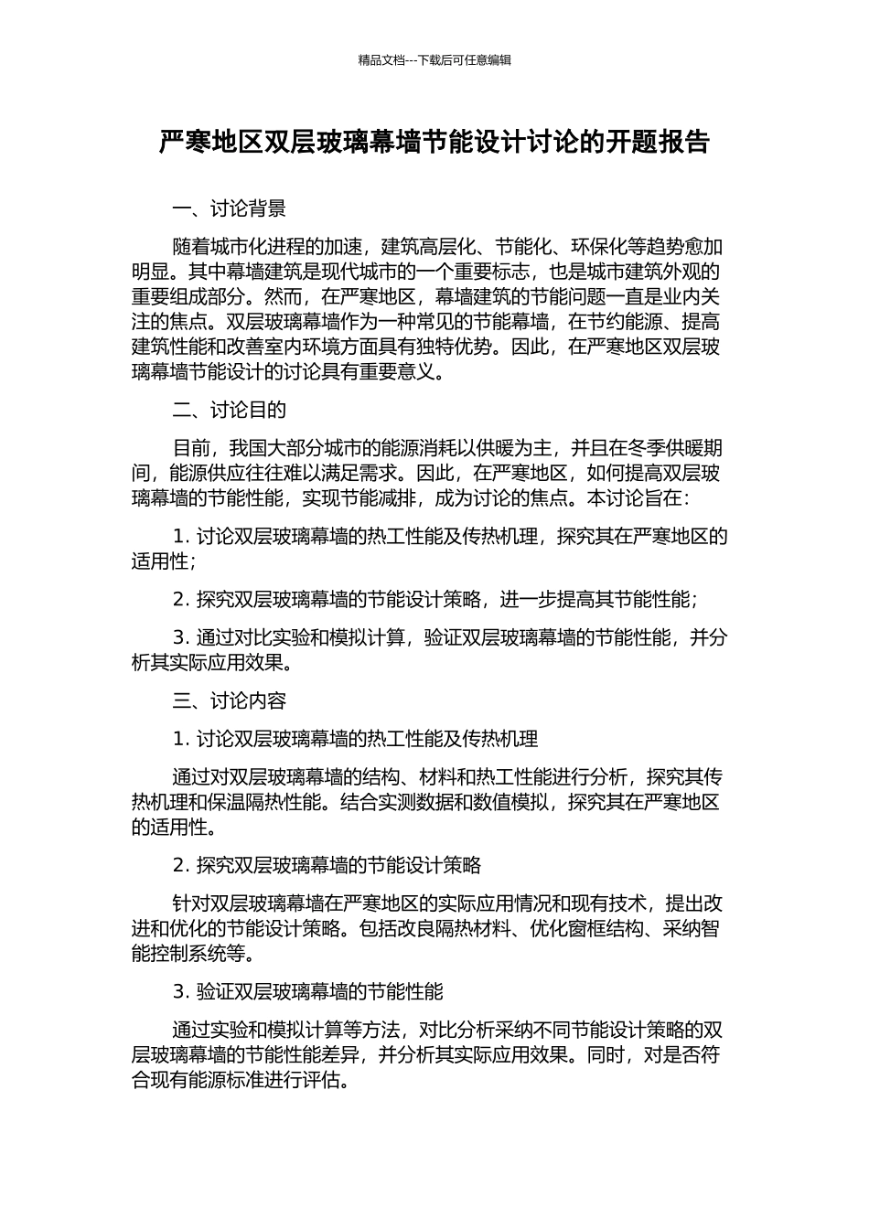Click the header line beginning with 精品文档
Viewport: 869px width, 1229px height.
coord(434,60)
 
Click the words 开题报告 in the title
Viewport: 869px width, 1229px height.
coord(657,142)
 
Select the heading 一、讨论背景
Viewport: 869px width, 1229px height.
coord(229,209)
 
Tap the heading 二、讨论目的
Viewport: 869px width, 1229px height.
coord(229,410)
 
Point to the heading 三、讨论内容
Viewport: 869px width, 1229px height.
coord(229,700)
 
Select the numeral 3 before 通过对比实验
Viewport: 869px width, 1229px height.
coord(178,637)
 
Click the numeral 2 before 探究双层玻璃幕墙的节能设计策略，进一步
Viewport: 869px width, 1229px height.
coord(178,600)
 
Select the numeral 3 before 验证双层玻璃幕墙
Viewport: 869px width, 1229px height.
coord(178,991)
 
